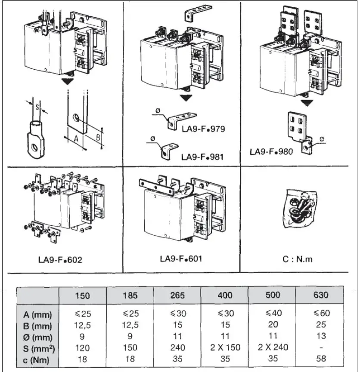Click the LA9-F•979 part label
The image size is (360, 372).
click(204, 129)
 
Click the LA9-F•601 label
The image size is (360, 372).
click(181, 259)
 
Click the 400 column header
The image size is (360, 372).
click(225, 295)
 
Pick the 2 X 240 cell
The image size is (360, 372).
click(272, 347)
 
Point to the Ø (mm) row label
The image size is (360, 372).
click(37, 336)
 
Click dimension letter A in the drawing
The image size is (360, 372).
click(76, 139)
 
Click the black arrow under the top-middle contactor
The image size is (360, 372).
click(186, 98)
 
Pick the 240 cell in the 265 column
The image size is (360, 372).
click(177, 347)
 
